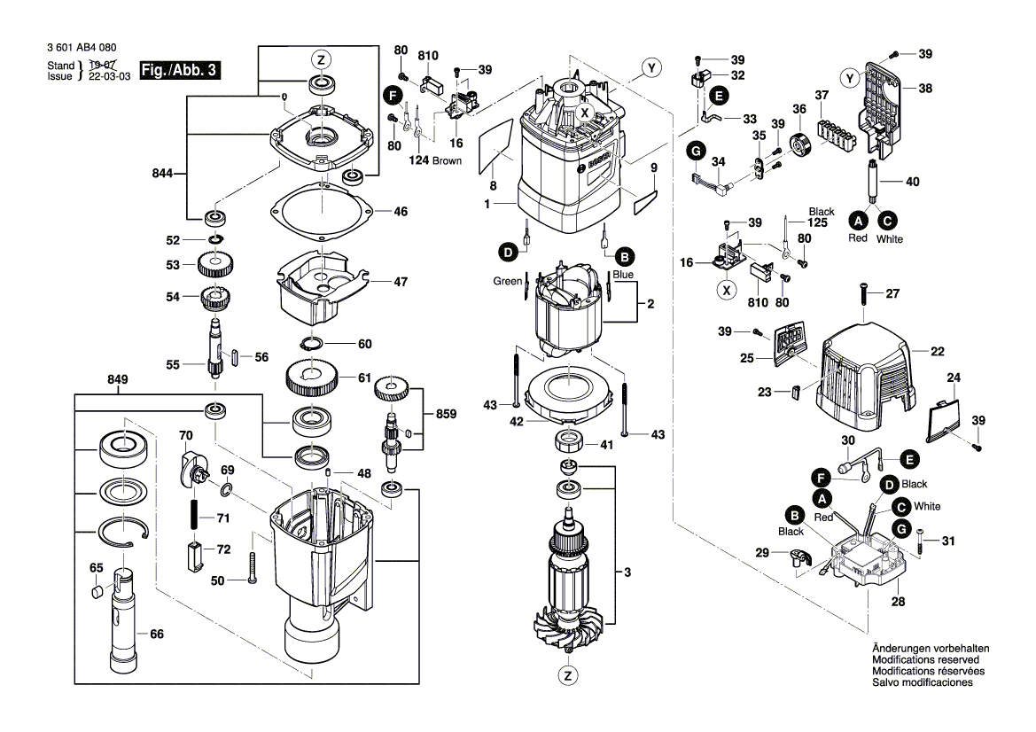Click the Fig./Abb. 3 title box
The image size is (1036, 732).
(182, 70)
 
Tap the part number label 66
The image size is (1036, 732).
(157, 634)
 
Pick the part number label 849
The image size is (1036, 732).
(118, 379)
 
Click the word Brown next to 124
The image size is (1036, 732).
(447, 160)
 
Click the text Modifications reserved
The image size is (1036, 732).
(925, 660)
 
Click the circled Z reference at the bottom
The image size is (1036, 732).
(567, 675)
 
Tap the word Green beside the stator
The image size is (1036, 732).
(508, 281)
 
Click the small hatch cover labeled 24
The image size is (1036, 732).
(946, 415)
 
